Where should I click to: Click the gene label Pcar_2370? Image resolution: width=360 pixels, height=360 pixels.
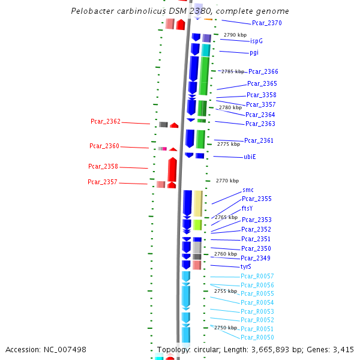266,23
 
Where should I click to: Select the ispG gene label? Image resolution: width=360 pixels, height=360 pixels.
256,41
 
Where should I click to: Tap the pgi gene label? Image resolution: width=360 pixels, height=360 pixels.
254,52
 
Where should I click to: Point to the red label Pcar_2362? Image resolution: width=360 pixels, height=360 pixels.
106,121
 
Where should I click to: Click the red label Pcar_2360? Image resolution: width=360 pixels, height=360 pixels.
104,146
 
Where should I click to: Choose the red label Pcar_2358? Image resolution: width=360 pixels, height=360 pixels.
103,166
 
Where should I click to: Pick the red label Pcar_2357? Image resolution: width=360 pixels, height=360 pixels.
103,182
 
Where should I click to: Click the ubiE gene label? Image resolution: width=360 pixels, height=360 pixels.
250,157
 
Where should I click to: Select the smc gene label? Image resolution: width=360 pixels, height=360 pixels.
248,190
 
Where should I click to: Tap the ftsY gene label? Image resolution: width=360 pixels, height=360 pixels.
247,208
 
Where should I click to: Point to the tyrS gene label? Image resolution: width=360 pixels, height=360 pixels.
246,266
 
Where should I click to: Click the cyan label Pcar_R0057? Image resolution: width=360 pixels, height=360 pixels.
257,276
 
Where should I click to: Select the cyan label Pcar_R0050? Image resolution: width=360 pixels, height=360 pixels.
257,338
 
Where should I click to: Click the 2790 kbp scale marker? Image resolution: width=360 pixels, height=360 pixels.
235,35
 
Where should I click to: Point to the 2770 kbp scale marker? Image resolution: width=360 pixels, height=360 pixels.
227,181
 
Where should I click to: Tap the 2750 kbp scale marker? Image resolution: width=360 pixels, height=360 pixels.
226,328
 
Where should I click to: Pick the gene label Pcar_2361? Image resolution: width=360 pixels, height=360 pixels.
259,140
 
